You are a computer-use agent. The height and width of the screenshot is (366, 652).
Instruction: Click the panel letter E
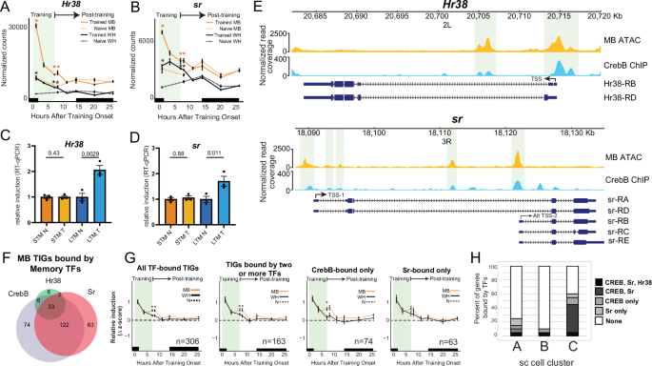pyautogui.click(x=260, y=7)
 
